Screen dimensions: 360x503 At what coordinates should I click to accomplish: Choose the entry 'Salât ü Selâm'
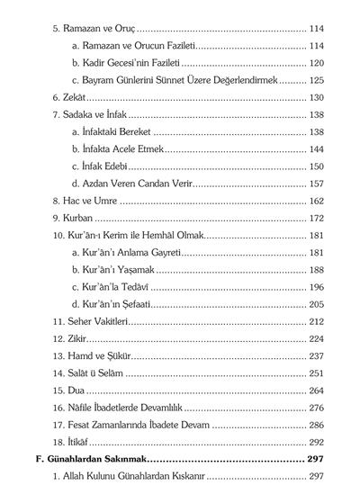92,373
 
